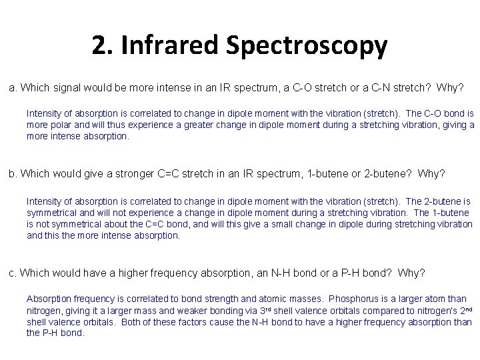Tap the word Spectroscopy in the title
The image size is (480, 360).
pos(306,47)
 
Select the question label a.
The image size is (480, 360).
pos(12,88)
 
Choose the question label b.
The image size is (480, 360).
pos(12,173)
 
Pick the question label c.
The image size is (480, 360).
pos(12,273)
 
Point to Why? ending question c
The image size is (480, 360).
pos(411,273)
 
